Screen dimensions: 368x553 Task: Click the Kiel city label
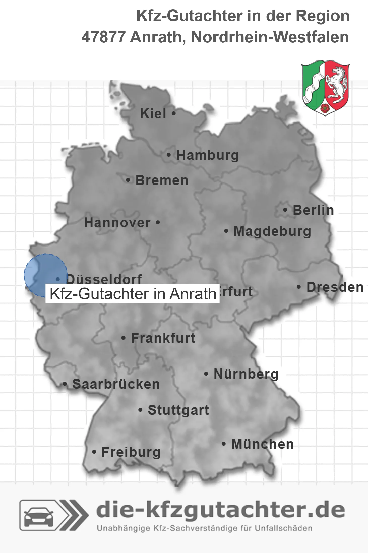(153, 114)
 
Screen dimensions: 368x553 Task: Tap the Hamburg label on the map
(207, 155)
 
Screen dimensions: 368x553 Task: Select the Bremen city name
(162, 180)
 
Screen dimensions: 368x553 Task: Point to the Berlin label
(313, 210)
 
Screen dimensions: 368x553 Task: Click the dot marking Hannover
(158, 223)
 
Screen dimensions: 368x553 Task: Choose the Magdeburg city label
(272, 231)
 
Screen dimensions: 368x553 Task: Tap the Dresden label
(335, 287)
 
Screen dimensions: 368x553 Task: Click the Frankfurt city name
(163, 338)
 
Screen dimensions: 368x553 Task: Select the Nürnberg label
(246, 374)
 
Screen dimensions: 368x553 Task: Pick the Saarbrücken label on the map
(116, 384)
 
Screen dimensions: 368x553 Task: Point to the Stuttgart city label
(178, 410)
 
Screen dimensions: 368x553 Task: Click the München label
(262, 444)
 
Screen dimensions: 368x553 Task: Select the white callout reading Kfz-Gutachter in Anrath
(133, 294)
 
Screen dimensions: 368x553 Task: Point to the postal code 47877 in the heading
(103, 37)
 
